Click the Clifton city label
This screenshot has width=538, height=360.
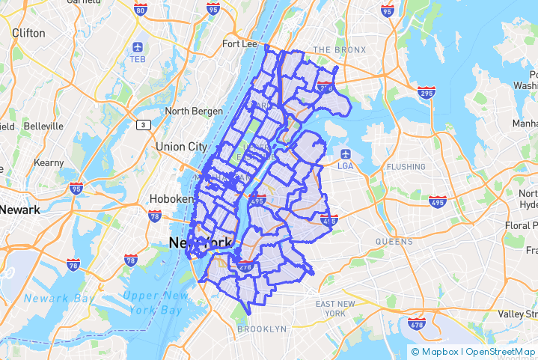coord(28,33)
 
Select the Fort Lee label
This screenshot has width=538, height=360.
coord(240,43)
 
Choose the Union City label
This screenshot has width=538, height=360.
coord(181,147)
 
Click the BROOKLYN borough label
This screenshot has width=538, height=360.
coord(262,329)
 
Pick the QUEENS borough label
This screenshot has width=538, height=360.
coord(394,242)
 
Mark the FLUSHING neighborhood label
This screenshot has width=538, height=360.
coord(406,165)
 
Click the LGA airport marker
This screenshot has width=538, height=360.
coord(346,154)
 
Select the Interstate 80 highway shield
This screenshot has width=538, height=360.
coord(141,10)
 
